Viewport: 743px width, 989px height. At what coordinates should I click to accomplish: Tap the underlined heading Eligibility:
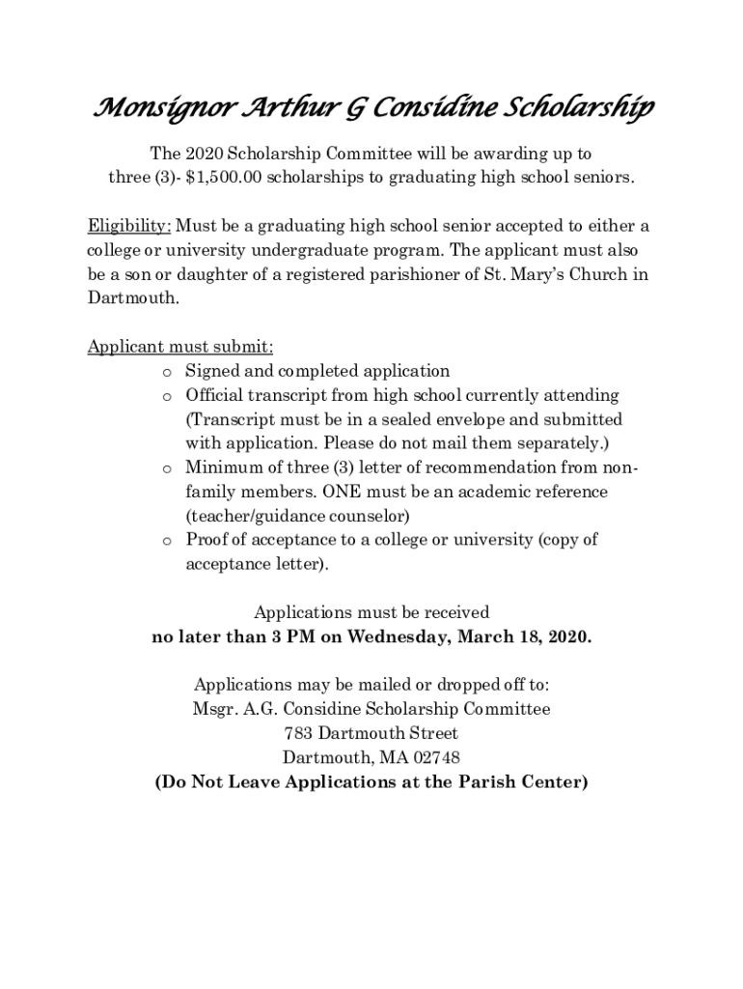pyautogui.click(x=129, y=226)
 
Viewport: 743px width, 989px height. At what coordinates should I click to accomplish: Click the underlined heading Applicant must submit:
pyautogui.click(x=180, y=347)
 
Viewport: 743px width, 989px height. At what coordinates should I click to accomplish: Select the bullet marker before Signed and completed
pyautogui.click(x=166, y=372)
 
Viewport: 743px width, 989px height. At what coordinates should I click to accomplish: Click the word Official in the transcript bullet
pyautogui.click(x=214, y=395)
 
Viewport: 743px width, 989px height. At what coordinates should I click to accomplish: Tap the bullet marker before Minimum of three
pyautogui.click(x=166, y=468)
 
